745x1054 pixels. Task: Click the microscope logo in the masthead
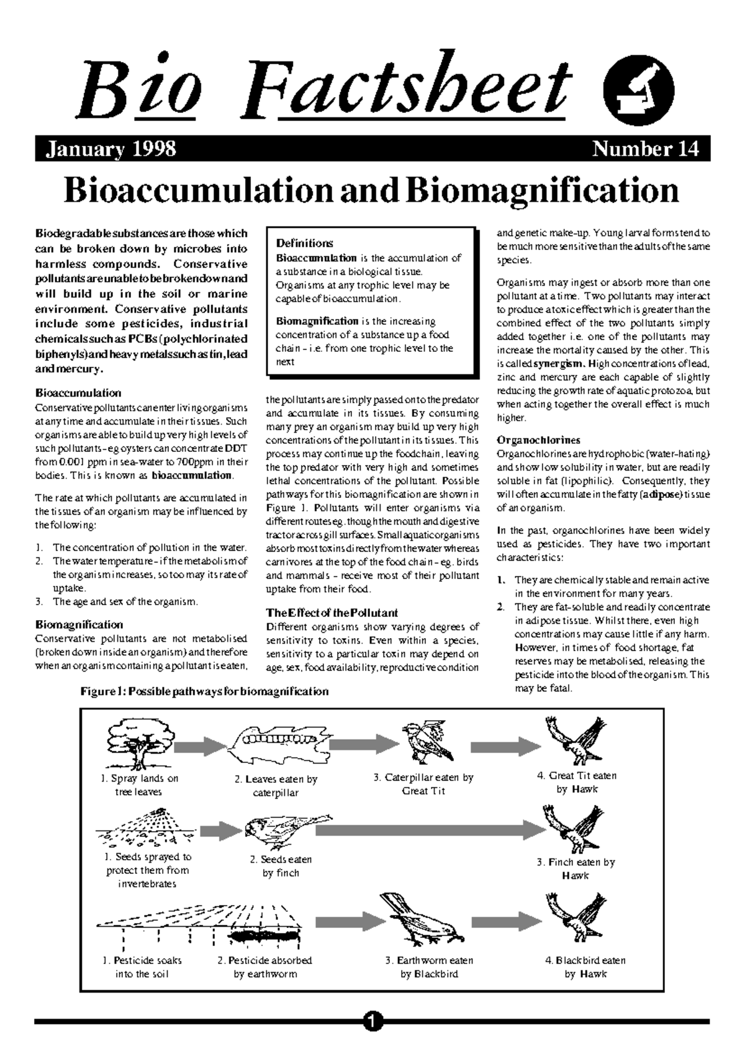coord(638,93)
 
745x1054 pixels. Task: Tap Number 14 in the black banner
coord(646,150)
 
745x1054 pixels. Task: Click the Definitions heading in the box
coord(304,243)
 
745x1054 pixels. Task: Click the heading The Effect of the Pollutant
coord(332,613)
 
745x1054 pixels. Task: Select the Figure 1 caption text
coord(204,691)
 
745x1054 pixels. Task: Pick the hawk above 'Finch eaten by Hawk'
coord(573,827)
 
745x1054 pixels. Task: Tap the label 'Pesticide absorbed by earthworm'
coord(265,967)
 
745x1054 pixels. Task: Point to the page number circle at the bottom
coord(372,1021)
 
